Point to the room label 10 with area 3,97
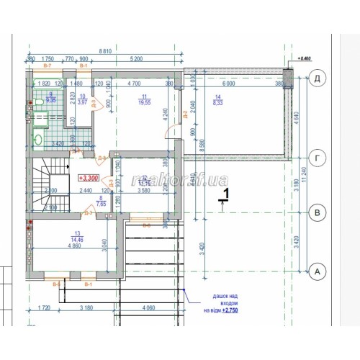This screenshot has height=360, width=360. point(82,99)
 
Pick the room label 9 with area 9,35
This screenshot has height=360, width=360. point(51,98)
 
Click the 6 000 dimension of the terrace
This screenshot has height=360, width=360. point(229,84)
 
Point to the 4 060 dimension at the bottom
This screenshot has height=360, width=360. point(149,308)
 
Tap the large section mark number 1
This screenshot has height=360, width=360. point(225,194)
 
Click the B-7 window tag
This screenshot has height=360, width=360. point(48,66)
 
